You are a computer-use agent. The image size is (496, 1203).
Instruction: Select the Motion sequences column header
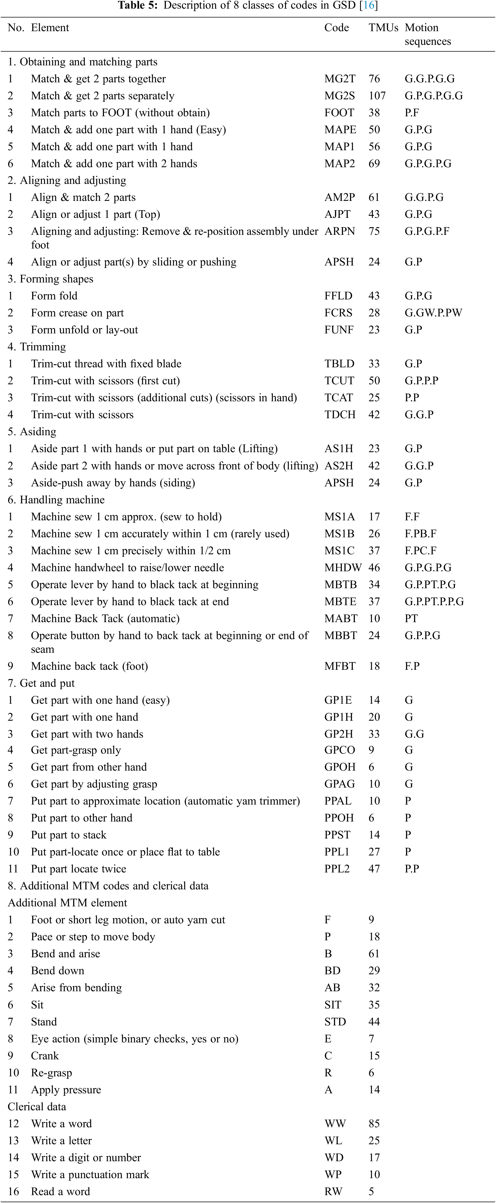click(x=427, y=34)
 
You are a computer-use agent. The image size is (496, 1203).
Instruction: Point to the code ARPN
click(x=340, y=231)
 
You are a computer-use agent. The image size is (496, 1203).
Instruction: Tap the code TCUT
click(x=339, y=380)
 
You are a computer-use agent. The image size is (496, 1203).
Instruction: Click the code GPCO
click(x=340, y=750)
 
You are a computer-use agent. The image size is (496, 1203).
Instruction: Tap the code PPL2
click(x=337, y=869)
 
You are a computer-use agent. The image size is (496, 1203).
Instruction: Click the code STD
click(x=335, y=1022)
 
